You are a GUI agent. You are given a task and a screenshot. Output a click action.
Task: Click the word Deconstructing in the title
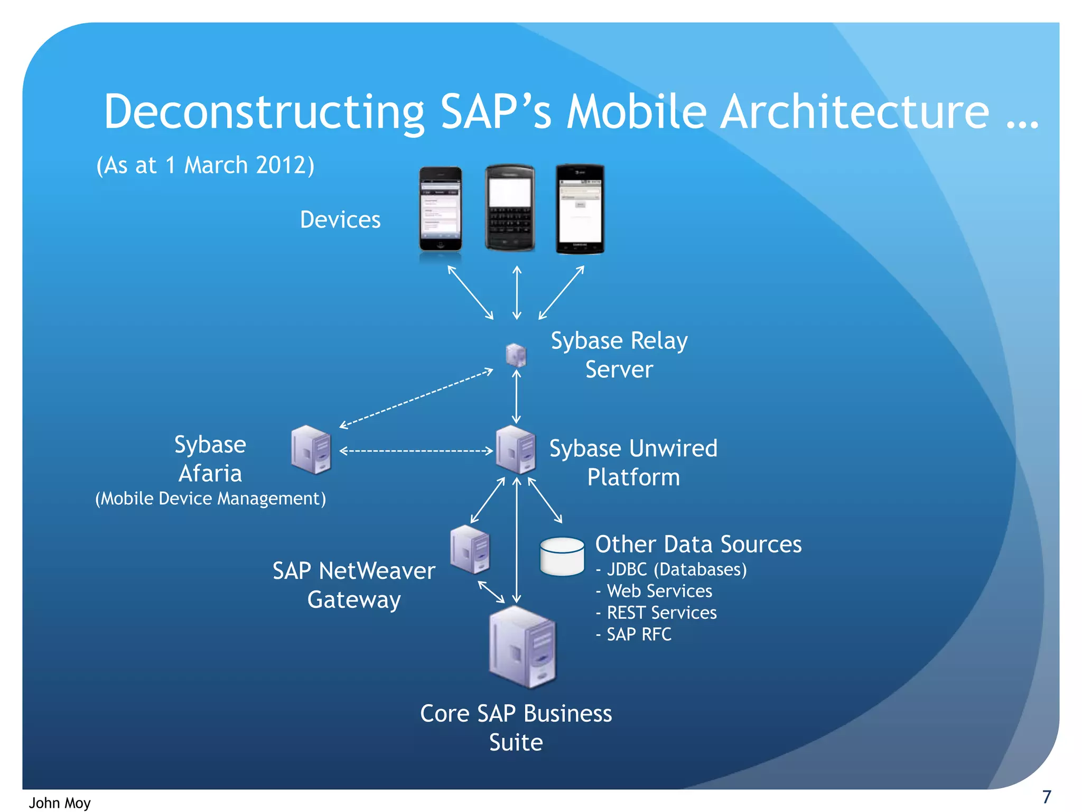coord(264,112)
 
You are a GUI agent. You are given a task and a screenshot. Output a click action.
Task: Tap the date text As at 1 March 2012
coord(205,165)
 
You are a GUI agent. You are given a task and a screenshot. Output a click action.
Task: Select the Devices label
coord(340,220)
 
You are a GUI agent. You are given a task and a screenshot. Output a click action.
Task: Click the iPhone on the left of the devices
coord(440,209)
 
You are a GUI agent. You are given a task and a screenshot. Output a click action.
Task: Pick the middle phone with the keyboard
coord(510,207)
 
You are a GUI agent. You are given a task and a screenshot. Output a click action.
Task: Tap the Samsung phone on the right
coord(580,209)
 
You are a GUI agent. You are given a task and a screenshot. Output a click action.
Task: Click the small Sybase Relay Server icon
coord(516,355)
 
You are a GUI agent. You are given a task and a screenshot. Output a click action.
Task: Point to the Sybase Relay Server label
coord(619,355)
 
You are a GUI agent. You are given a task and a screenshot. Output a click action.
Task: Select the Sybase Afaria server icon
coord(311,450)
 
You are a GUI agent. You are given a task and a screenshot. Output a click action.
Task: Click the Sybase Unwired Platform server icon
coord(516,450)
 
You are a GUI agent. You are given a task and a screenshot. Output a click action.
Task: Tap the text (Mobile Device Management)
coord(210,499)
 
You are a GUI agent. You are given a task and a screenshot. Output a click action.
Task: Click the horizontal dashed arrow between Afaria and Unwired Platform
coord(416,451)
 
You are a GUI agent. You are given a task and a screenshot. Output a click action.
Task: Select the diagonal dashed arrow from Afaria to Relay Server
coord(416,398)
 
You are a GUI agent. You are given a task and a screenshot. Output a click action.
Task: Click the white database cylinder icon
coord(562,557)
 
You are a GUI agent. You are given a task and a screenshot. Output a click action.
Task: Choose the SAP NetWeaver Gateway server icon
coord(470,549)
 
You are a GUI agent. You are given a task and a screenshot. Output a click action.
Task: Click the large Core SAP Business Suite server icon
coord(522,647)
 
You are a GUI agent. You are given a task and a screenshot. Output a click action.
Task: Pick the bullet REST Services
coord(656,613)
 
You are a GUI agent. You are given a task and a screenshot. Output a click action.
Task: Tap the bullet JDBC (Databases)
coord(671,569)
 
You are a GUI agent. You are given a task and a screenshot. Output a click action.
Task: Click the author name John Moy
coord(60,802)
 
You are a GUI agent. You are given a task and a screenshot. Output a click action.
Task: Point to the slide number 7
coord(1047,796)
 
